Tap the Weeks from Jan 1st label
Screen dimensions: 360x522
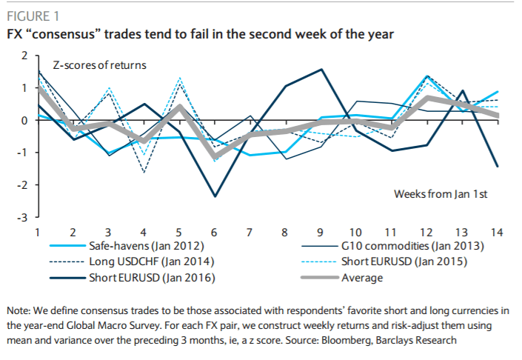[440, 193]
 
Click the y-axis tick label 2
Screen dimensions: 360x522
[24, 56]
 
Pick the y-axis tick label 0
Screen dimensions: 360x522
[24, 120]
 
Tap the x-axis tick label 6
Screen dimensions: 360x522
[215, 232]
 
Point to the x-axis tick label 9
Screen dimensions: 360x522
[321, 232]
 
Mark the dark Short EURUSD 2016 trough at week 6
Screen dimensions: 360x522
[215, 196]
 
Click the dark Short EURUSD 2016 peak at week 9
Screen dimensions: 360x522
[321, 70]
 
